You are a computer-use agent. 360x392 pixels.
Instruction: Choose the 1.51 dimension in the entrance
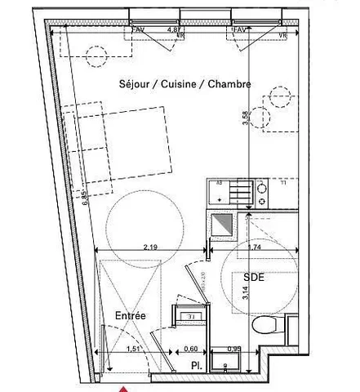[x=132, y=350]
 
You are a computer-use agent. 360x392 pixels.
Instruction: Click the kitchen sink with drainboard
[x=229, y=194]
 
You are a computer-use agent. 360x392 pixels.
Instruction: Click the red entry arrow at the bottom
[x=123, y=387]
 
